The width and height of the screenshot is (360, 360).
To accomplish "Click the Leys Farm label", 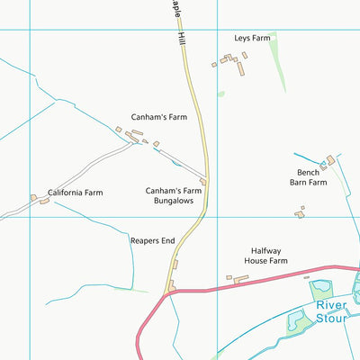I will [252, 38].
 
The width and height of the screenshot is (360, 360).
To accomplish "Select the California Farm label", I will [76, 193].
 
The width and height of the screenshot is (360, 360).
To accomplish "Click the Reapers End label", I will [152, 241].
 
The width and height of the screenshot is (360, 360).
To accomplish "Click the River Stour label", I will [337, 310].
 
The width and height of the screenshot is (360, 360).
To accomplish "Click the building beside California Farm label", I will [43, 200].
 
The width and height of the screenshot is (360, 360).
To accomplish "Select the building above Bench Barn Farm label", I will [328, 161].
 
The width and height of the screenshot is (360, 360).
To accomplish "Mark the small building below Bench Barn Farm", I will [299, 213].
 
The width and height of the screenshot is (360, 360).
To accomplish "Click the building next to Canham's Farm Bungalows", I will [203, 182].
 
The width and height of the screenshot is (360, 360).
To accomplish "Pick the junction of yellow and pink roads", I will [166, 293].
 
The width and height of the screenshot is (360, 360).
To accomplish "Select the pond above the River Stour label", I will [320, 290].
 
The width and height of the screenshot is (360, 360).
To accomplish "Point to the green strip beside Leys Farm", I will [280, 63].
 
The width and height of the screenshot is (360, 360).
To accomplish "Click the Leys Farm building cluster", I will [232, 60].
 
